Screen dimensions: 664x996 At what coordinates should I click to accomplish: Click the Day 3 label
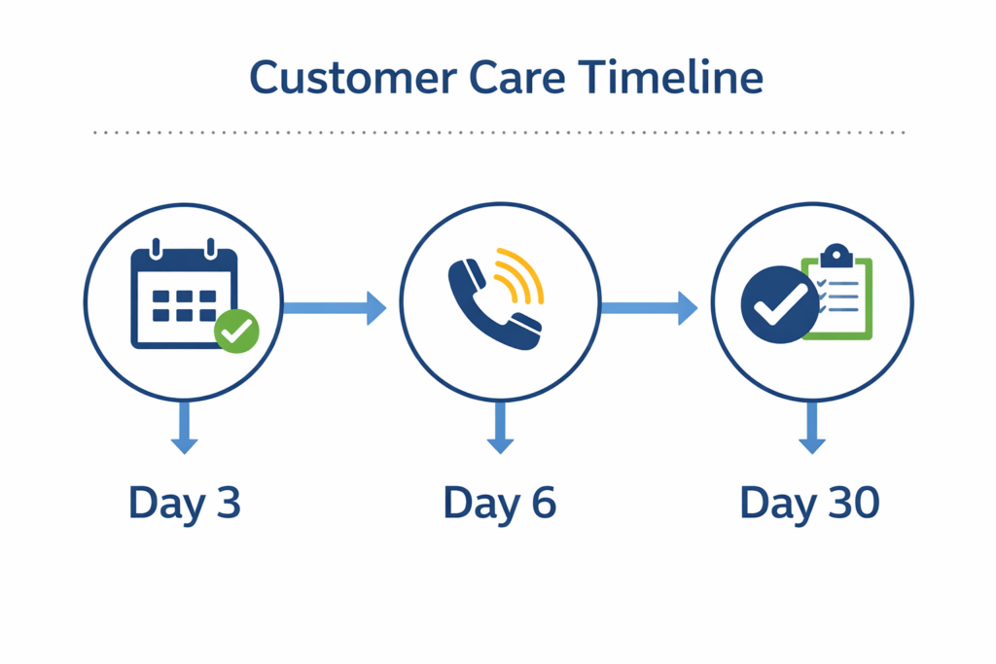pyautogui.click(x=184, y=503)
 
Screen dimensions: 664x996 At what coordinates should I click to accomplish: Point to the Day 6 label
pyautogui.click(x=499, y=503)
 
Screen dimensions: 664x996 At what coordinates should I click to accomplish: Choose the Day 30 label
pyautogui.click(x=809, y=503)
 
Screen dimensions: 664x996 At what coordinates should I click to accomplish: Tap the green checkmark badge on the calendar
pyautogui.click(x=236, y=331)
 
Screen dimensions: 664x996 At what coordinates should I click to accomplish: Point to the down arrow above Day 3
pyautogui.click(x=184, y=428)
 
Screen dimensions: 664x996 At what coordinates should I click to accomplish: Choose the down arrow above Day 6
pyautogui.click(x=500, y=428)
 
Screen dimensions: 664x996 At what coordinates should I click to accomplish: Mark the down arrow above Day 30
pyautogui.click(x=812, y=428)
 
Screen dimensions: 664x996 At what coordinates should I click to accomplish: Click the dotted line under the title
pyautogui.click(x=499, y=131)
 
